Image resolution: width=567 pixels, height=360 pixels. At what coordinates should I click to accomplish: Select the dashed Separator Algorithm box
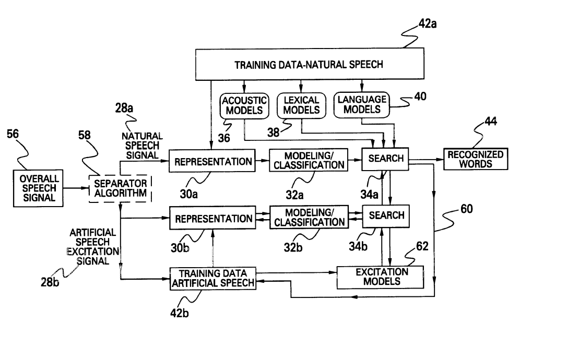tap(121, 188)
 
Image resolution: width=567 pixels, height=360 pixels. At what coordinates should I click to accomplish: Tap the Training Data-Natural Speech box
tap(309, 65)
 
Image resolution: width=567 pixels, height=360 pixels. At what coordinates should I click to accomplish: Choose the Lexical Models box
tap(301, 105)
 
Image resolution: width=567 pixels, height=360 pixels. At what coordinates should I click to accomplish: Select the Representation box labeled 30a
tap(213, 162)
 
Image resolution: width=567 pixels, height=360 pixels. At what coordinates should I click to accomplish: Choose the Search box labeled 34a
tap(386, 159)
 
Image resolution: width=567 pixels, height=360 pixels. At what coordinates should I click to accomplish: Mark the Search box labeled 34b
tap(386, 215)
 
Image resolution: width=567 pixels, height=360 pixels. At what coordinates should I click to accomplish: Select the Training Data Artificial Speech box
tap(213, 279)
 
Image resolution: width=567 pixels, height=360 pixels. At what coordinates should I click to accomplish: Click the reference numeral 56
tap(13, 134)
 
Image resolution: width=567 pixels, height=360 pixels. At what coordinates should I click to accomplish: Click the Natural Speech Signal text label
tap(142, 146)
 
